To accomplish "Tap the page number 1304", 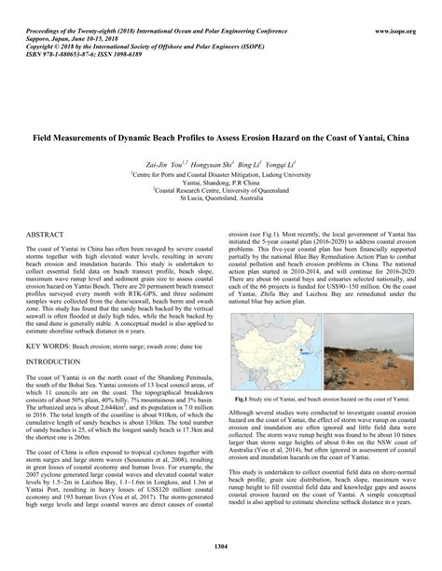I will (221, 544).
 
